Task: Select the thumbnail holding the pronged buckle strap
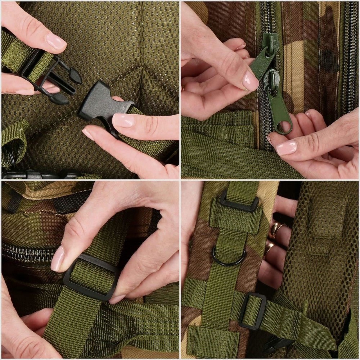pos(56,42)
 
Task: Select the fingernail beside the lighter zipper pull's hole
pos(287,147)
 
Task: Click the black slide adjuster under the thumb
pos(92,277)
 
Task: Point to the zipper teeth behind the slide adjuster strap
pos(29,252)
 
